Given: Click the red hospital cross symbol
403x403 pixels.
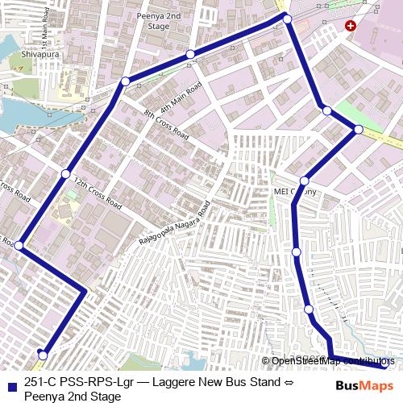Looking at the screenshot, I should click(350, 26).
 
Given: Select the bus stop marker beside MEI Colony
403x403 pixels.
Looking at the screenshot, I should click(305, 181).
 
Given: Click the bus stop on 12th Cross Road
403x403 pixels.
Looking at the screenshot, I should click(65, 174).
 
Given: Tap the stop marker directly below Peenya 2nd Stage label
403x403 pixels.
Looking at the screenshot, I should click(190, 55).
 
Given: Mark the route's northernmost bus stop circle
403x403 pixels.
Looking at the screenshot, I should click(286, 18).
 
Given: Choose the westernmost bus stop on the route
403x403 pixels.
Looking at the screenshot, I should click(19, 246).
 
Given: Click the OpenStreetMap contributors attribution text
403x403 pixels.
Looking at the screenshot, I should click(331, 361).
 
